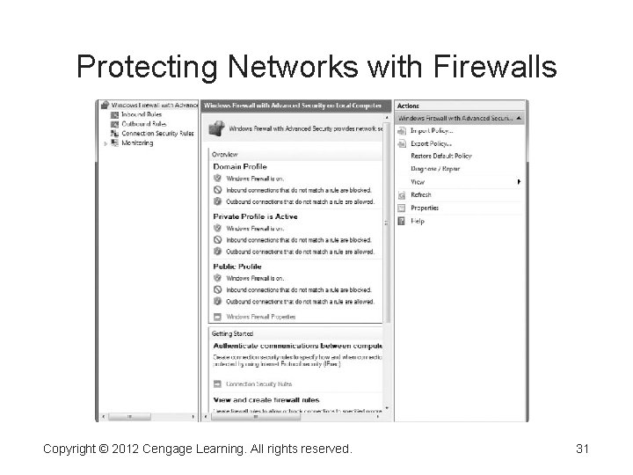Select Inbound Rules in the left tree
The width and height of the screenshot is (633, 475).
[142, 114]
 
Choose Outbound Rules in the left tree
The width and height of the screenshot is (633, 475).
[143, 124]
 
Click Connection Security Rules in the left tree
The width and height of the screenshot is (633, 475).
[157, 134]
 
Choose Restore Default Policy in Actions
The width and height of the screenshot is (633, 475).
[440, 156]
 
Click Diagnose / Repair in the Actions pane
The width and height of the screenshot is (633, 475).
[436, 169]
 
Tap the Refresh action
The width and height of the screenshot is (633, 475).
[421, 195]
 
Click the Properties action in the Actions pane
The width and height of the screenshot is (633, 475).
[425, 208]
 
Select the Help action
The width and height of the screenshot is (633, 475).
[418, 222]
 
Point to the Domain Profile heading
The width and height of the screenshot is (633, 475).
[239, 166]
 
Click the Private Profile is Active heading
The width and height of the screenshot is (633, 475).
[255, 216]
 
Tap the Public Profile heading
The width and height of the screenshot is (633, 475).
[237, 266]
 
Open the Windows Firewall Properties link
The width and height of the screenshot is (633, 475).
[260, 317]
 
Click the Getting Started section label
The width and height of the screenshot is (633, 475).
[232, 334]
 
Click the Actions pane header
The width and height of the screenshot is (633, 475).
[409, 106]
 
